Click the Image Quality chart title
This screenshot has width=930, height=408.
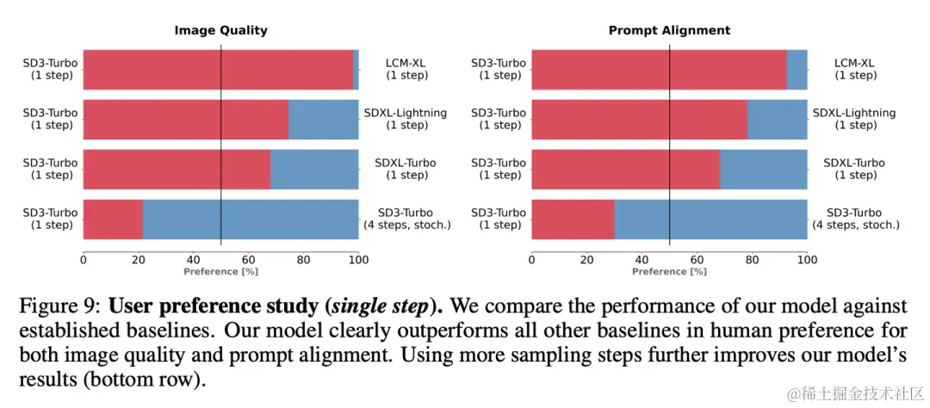[220, 30]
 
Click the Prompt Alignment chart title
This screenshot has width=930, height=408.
[669, 30]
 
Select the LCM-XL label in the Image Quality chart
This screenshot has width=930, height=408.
[406, 69]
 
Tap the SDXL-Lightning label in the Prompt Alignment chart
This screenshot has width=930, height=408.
[853, 119]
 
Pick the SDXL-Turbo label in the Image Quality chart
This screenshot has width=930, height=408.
[406, 169]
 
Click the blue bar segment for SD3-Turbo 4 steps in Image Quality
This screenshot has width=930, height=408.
[250, 219]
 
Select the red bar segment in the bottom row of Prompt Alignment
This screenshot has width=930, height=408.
[573, 219]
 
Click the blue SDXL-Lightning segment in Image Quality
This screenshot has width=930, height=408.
[323, 120]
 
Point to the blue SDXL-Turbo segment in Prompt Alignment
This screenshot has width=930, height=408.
[763, 170]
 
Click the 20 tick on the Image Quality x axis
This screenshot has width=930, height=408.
[138, 259]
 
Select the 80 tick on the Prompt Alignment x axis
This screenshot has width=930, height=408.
[752, 259]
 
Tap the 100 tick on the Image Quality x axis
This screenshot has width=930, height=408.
[358, 259]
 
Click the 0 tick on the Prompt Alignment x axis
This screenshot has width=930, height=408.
[532, 259]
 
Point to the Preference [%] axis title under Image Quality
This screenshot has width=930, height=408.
[220, 271]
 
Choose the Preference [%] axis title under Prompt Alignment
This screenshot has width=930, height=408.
[669, 271]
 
